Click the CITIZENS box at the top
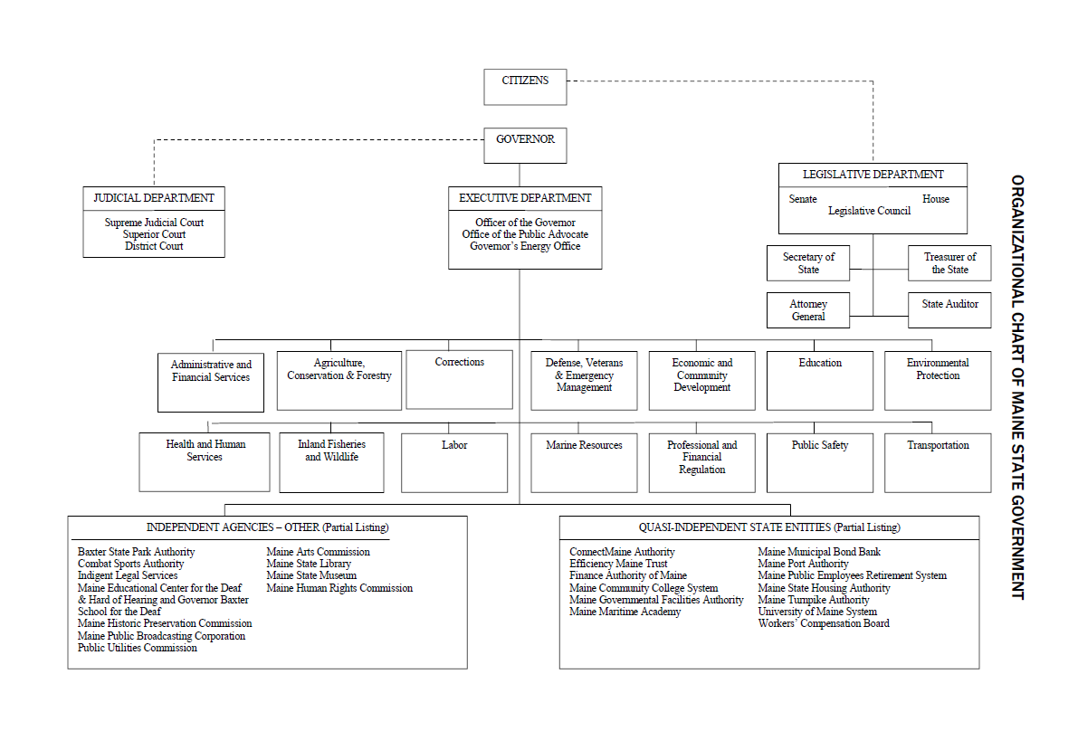point(525,87)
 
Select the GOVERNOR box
point(525,145)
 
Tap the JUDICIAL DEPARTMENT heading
point(154,198)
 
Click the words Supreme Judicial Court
point(154,223)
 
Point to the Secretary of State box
point(808,263)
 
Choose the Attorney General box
point(808,309)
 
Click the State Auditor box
point(949,309)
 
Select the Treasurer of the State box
point(949,263)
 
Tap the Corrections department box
point(459,380)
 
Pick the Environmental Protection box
point(938,381)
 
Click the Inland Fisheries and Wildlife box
point(331,462)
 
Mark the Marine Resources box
point(585,462)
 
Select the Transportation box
point(938,462)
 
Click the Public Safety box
point(820,462)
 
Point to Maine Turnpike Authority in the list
point(814,600)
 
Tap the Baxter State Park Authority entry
point(136,552)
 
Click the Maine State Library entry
point(309,564)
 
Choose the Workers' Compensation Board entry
point(824,623)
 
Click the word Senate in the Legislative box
point(803,198)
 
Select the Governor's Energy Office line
point(525,246)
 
